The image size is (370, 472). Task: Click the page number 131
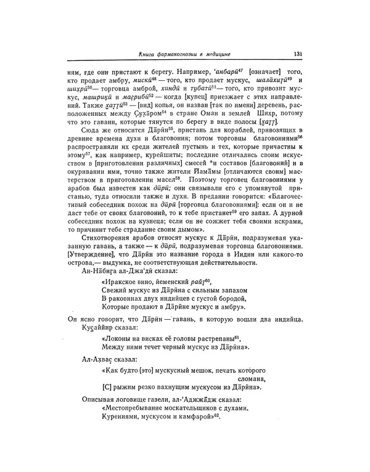297,54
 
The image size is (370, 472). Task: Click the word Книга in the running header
150,54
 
